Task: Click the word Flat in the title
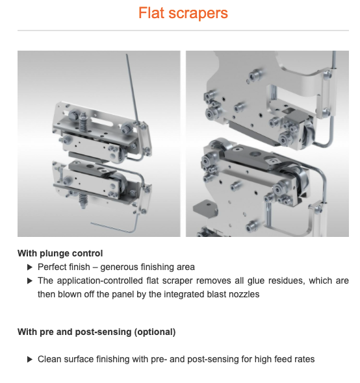pos(151,13)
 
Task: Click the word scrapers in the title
pos(198,14)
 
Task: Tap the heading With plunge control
pos(60,254)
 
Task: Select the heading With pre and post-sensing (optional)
pos(97,332)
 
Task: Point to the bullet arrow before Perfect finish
pos(30,267)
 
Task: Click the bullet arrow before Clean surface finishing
pos(30,360)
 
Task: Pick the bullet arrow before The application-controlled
pos(30,281)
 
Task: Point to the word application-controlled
pos(100,281)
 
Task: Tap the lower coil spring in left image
pos(83,199)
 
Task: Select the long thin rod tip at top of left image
pos(127,55)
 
